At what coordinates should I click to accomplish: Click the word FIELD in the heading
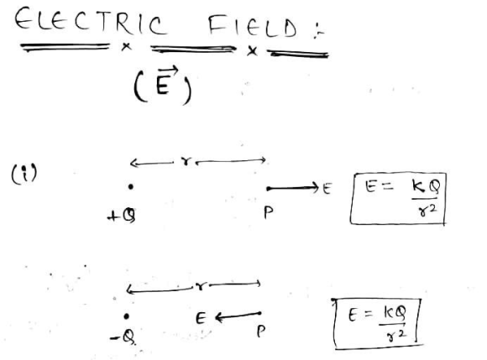tap(253, 26)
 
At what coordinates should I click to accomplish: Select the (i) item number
tap(24, 173)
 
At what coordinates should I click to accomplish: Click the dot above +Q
tap(131, 186)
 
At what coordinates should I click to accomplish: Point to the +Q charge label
tap(122, 216)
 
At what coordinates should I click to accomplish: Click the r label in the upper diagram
tap(186, 161)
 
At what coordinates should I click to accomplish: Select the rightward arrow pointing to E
tap(292, 188)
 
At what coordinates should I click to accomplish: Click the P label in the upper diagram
tap(269, 212)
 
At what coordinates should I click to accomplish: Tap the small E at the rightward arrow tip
tap(327, 188)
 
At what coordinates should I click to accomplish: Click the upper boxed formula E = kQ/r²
tap(398, 199)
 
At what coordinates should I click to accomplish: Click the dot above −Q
tap(126, 316)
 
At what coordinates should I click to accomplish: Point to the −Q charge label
tap(123, 337)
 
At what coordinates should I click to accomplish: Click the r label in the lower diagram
tap(202, 286)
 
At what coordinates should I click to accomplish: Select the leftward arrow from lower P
tap(238, 316)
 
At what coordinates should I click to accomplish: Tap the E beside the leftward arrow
tap(201, 318)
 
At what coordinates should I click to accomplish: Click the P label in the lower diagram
tap(261, 331)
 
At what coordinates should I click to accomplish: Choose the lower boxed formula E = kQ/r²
tap(378, 324)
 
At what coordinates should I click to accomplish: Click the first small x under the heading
tap(126, 47)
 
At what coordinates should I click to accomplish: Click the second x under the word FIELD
tap(252, 51)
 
